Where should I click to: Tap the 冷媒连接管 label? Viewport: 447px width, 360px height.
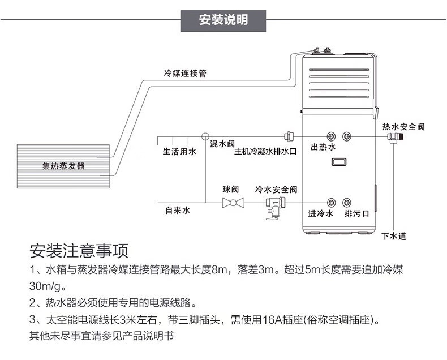coord(185,73)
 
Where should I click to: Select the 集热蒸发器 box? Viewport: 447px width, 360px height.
coord(63,166)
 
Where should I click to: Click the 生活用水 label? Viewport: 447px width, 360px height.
coord(179,152)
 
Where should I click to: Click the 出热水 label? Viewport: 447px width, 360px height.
coord(324,147)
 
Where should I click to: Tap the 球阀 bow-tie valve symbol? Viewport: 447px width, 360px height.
coord(233,202)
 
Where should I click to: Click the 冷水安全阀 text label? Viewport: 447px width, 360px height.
coord(276,189)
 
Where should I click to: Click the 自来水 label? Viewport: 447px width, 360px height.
coord(178,210)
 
